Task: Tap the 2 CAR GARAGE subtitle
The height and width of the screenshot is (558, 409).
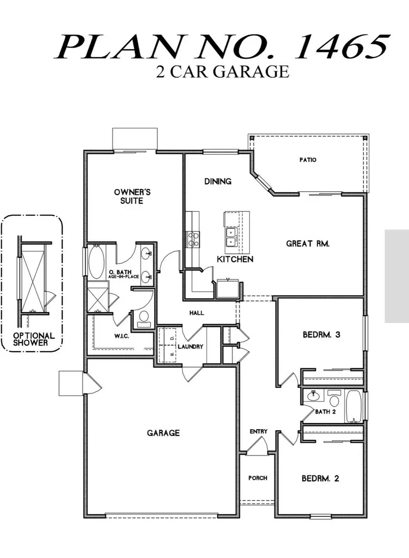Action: click(x=222, y=72)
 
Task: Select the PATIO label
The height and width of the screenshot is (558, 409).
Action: click(x=308, y=160)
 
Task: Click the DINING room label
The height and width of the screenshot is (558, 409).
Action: click(x=218, y=181)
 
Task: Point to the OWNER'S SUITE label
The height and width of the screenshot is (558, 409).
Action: click(x=132, y=196)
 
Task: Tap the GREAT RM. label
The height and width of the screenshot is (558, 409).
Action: click(x=308, y=244)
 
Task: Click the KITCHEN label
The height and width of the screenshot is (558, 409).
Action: click(x=234, y=259)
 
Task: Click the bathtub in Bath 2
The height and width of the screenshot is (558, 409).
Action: click(x=353, y=407)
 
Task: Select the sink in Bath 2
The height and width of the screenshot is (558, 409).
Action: click(x=313, y=396)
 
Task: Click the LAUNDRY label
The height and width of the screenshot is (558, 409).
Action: click(x=190, y=347)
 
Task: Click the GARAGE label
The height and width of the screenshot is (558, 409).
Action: click(x=163, y=433)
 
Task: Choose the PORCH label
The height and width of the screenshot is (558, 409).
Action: click(x=258, y=478)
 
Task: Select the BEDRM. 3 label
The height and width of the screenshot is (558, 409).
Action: click(x=321, y=335)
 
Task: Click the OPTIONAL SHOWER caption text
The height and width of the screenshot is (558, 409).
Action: click(x=34, y=339)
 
